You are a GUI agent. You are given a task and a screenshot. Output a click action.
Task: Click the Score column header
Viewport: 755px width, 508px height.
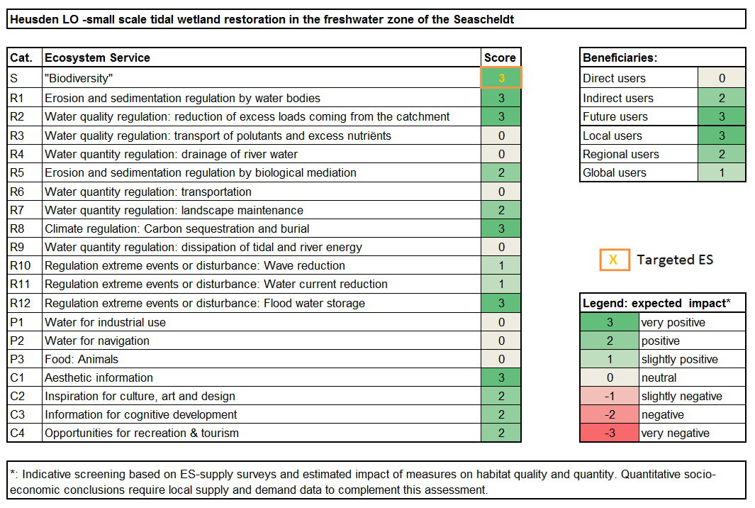(x=500, y=58)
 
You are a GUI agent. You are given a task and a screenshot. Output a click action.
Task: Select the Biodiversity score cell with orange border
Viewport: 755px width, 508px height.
(x=501, y=77)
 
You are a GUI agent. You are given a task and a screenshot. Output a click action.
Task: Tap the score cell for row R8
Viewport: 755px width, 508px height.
(x=501, y=228)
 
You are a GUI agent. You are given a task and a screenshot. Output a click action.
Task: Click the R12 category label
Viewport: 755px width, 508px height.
(x=21, y=303)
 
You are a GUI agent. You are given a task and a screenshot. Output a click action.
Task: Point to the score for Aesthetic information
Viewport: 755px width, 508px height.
(x=501, y=377)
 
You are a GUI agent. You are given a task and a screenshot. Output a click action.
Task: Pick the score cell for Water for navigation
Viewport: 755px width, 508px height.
(x=501, y=341)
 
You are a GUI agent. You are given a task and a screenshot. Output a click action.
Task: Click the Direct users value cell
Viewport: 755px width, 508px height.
(x=722, y=78)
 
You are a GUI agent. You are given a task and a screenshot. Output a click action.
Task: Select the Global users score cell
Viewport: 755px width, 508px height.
(x=722, y=172)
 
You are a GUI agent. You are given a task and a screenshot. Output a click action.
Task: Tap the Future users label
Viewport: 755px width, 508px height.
(x=615, y=116)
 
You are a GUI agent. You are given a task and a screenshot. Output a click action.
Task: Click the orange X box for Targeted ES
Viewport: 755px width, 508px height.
(x=615, y=260)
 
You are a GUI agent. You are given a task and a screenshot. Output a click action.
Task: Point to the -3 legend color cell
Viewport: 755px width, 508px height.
(x=610, y=433)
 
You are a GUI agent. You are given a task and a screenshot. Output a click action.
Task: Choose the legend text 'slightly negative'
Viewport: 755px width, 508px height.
(x=681, y=396)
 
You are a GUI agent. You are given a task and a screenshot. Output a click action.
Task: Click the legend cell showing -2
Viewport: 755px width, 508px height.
(x=610, y=414)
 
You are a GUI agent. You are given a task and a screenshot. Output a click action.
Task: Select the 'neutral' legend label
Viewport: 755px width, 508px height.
(x=659, y=378)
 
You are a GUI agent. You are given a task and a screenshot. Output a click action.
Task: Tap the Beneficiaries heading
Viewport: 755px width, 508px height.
(x=620, y=58)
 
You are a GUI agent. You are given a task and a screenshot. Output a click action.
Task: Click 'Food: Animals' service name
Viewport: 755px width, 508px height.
(x=82, y=359)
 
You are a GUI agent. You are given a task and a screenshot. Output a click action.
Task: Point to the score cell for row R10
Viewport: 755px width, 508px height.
(x=501, y=265)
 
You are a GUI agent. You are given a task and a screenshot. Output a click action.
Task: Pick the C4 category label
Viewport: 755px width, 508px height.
(x=17, y=433)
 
